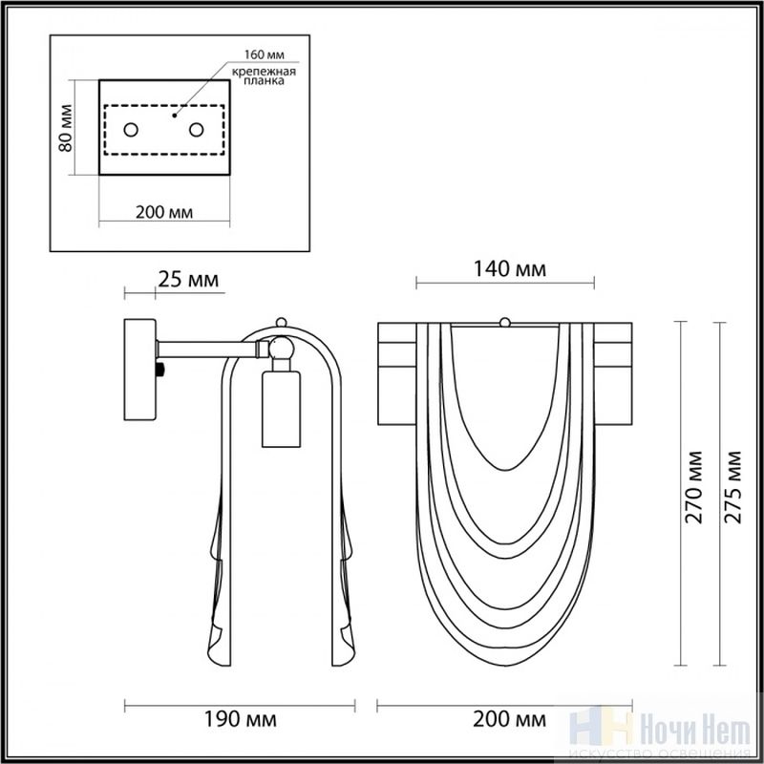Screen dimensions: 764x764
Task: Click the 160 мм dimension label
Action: (x=265, y=54)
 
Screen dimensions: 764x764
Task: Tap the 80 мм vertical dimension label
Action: (x=65, y=128)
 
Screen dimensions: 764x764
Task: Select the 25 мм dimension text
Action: (x=188, y=280)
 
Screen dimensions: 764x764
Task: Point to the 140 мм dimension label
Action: (x=510, y=269)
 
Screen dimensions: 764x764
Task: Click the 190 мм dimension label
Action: (x=240, y=719)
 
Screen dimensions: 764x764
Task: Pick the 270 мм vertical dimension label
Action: (x=694, y=487)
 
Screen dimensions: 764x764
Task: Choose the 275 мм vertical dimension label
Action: (x=732, y=487)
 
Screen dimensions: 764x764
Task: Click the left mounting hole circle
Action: (x=131, y=130)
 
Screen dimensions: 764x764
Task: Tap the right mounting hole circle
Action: (x=197, y=130)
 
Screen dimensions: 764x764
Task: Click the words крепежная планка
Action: (x=264, y=76)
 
